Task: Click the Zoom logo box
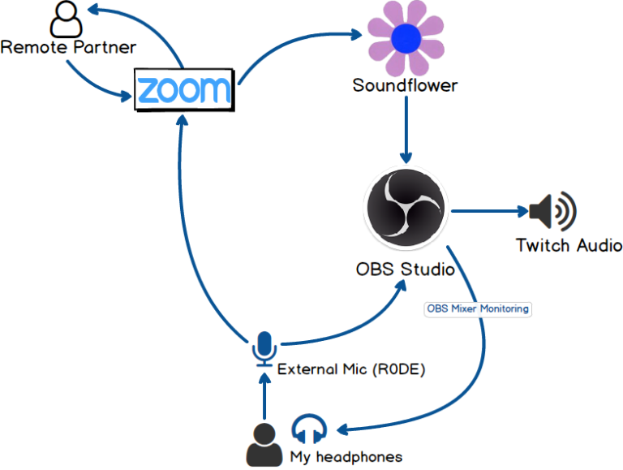coord(184,89)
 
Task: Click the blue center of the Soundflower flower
coord(405,38)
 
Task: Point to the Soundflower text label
coord(405,85)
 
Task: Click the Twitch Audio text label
coord(569,245)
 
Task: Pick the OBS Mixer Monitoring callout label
coord(478,308)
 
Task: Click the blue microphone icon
coord(263,348)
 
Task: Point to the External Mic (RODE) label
coord(351,369)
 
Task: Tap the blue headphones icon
coord(309,429)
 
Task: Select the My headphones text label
coord(346,456)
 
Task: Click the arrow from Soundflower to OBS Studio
coord(406,130)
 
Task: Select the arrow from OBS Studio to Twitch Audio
coord(487,213)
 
